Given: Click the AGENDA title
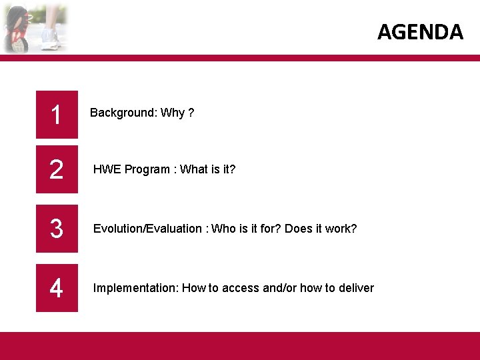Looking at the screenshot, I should [420, 31].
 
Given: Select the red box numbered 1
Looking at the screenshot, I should [57, 115].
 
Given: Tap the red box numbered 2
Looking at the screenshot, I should [57, 169].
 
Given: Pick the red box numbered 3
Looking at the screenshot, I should [57, 229].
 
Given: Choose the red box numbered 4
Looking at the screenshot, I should [57, 288].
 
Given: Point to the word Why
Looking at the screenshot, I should [172, 113].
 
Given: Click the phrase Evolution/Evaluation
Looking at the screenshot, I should [147, 229].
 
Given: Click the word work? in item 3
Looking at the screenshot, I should [342, 229].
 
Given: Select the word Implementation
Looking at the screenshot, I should [135, 288].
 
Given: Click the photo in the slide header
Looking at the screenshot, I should [35, 27].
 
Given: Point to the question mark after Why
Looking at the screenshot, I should [191, 113].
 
